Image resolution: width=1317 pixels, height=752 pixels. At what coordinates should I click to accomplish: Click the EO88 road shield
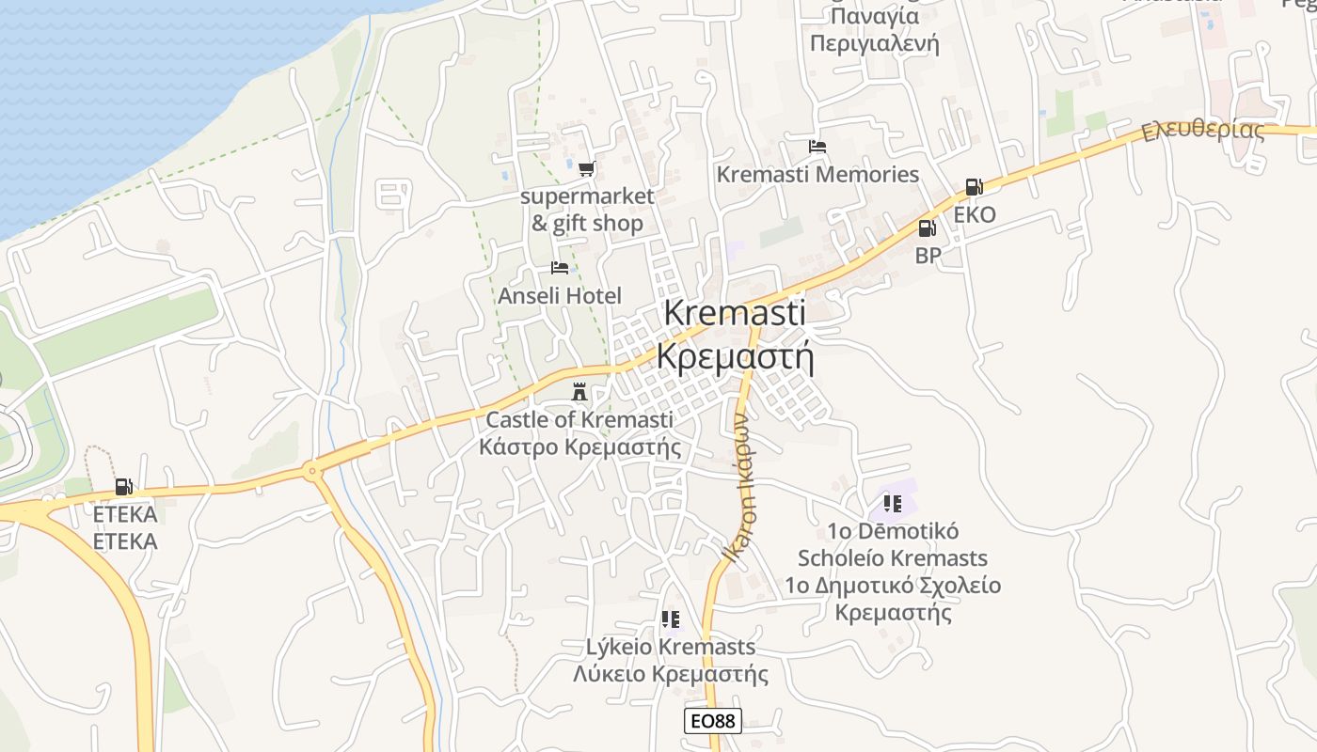point(712,721)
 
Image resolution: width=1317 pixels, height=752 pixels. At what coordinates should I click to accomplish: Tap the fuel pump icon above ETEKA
point(123,486)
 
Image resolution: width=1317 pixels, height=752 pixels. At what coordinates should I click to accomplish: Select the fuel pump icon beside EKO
point(974,187)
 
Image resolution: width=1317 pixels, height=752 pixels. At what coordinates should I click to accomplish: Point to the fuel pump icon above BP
point(927,227)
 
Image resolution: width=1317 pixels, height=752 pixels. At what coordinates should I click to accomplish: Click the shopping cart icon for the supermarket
point(587,169)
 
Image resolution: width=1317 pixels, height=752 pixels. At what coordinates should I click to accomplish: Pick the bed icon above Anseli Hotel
point(560,268)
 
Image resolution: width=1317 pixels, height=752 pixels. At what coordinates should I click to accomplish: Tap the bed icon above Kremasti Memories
point(817,147)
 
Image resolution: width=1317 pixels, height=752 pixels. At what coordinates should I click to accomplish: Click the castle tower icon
point(579,391)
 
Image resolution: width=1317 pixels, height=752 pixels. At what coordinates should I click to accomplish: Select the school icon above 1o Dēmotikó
point(893,504)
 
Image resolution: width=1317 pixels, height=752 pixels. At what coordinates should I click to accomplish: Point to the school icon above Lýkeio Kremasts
point(670,619)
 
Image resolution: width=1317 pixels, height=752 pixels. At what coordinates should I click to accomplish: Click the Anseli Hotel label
point(560,296)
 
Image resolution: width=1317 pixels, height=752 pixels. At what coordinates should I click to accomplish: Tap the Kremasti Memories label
point(817,175)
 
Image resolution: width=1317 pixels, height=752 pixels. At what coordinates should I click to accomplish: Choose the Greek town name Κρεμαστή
point(735,357)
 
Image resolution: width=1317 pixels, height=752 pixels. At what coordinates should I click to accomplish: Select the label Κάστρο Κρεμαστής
point(579,446)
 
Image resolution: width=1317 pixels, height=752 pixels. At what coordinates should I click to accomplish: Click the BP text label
point(928,255)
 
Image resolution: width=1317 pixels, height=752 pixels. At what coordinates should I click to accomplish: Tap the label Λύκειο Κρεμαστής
point(671,674)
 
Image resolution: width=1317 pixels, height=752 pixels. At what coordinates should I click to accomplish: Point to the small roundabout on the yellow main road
point(311,469)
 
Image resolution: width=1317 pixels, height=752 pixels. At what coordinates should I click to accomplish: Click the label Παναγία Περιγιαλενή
point(875,30)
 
